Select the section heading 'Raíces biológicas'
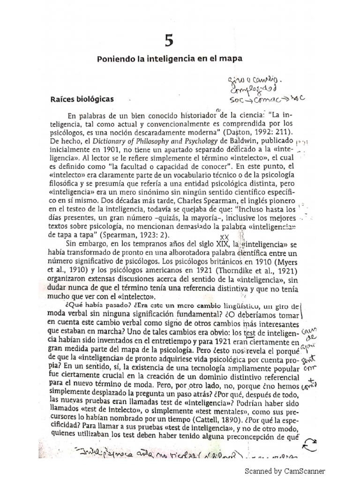point(82,99)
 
